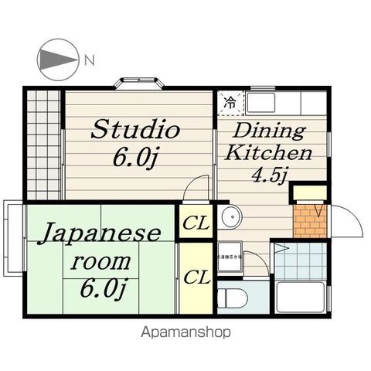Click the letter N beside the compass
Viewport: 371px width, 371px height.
[90, 60]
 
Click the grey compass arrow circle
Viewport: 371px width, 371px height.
[57, 60]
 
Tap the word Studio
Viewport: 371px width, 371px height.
[135, 129]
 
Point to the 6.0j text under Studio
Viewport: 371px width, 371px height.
[136, 158]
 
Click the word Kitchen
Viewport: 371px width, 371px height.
[268, 152]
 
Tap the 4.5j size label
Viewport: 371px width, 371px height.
[268, 175]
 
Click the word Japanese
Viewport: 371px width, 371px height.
[100, 233]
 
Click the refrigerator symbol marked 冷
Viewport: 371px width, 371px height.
[230, 101]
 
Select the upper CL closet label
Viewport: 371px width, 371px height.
[197, 225]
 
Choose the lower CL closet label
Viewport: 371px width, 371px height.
[197, 277]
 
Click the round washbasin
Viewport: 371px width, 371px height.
[230, 219]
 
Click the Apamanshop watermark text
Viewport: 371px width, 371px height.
[185, 332]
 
